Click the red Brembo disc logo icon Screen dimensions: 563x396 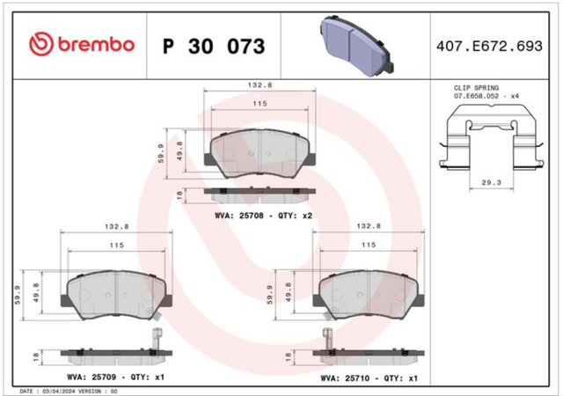(41, 44)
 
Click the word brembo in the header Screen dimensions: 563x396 (96, 44)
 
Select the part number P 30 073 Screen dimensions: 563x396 (214, 47)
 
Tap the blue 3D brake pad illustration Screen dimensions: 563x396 (356, 45)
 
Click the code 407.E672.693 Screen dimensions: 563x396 (489, 46)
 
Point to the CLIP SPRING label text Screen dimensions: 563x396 (476, 88)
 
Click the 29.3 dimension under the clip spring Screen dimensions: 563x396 (491, 182)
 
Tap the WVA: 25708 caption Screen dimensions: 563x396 (239, 216)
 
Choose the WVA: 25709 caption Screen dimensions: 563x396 (91, 377)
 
